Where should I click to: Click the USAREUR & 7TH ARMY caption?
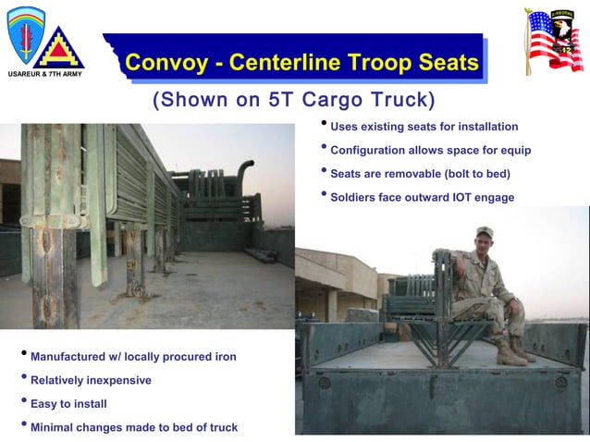point(45,73)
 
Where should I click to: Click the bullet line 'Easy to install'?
point(68,403)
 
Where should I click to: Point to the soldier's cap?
point(485,231)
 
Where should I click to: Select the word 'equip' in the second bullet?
point(513,150)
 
